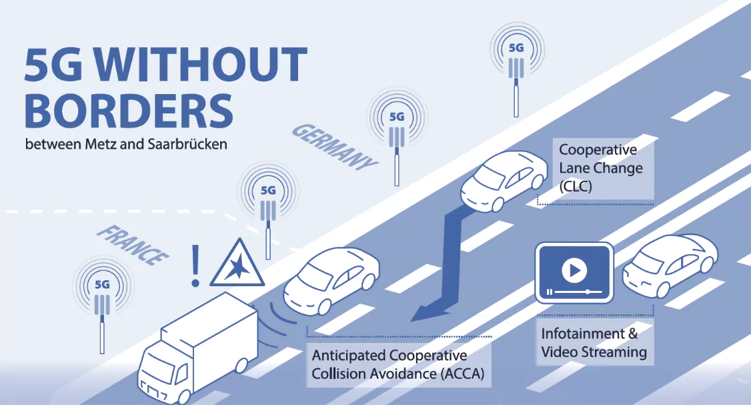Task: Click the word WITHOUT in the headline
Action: [x=200, y=65]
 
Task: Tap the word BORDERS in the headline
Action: [x=129, y=110]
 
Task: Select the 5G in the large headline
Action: [x=53, y=65]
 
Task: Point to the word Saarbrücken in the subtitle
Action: [x=187, y=144]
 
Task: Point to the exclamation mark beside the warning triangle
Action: [x=195, y=266]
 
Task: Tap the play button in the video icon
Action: [x=574, y=271]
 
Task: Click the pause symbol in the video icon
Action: [x=550, y=292]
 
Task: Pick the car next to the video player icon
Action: [x=670, y=266]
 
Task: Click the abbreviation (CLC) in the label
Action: [x=576, y=186]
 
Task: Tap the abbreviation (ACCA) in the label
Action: [x=463, y=374]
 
